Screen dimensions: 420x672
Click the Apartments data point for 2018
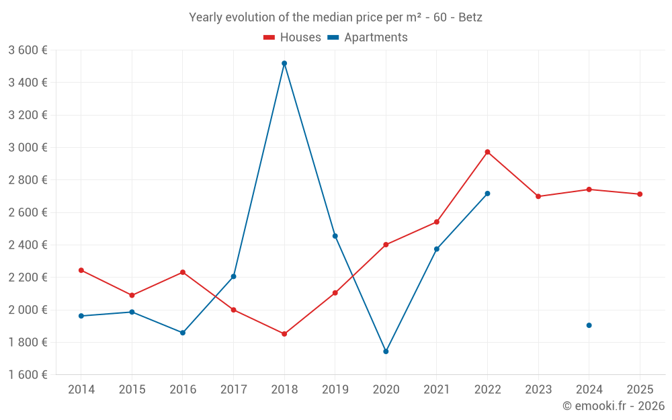[x=284, y=63]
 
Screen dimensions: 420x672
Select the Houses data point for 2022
[x=487, y=152]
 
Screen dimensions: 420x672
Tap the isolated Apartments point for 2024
[x=589, y=325]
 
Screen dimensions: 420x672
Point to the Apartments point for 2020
[x=386, y=351]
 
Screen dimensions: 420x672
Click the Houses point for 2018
[x=284, y=334]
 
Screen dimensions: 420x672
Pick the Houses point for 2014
[x=81, y=270]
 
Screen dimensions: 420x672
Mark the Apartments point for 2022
[x=487, y=194]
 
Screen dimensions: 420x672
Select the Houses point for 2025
[x=640, y=194]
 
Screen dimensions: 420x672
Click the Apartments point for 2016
[x=183, y=333]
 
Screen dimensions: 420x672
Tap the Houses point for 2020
[x=386, y=245]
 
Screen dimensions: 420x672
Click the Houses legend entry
[x=292, y=38]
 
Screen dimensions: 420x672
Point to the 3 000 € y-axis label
[x=28, y=147]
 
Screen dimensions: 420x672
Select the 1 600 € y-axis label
[x=28, y=374]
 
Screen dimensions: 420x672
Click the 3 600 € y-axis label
[x=28, y=50]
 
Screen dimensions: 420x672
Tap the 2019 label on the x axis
[x=335, y=390]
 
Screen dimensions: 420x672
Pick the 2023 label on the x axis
[x=538, y=390]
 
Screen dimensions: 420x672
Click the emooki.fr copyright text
[x=613, y=406]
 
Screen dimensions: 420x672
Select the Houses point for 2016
[x=183, y=272]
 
